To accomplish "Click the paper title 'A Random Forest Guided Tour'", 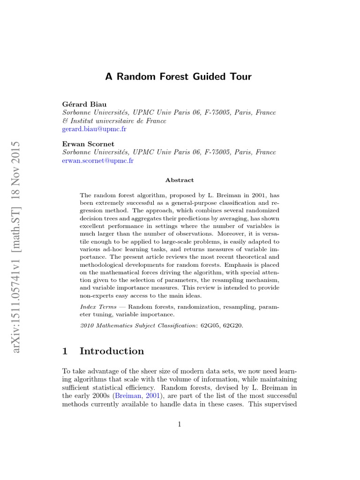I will [x=179, y=77].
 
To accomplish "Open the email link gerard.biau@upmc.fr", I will [x=94, y=129].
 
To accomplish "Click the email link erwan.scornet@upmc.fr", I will [x=98, y=160].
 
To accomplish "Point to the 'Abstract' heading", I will [x=180, y=180].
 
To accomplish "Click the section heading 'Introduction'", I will [x=112, y=351].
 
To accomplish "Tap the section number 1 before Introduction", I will [x=66, y=351].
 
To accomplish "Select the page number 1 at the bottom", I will [x=180, y=425].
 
